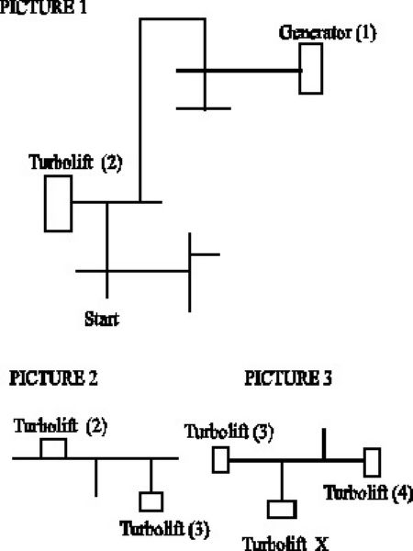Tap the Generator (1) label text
pos(328,33)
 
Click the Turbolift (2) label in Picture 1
pos(76,163)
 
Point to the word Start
pos(102,319)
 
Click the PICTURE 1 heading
pos(43,7)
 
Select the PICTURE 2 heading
pos(53,378)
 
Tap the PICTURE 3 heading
pos(288,378)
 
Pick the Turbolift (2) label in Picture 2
pos(61,425)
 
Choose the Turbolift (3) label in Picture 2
pos(164,529)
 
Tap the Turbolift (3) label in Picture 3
pos(229,432)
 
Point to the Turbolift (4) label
pos(368,492)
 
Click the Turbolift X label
pos(285,544)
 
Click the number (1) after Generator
pos(366,33)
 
